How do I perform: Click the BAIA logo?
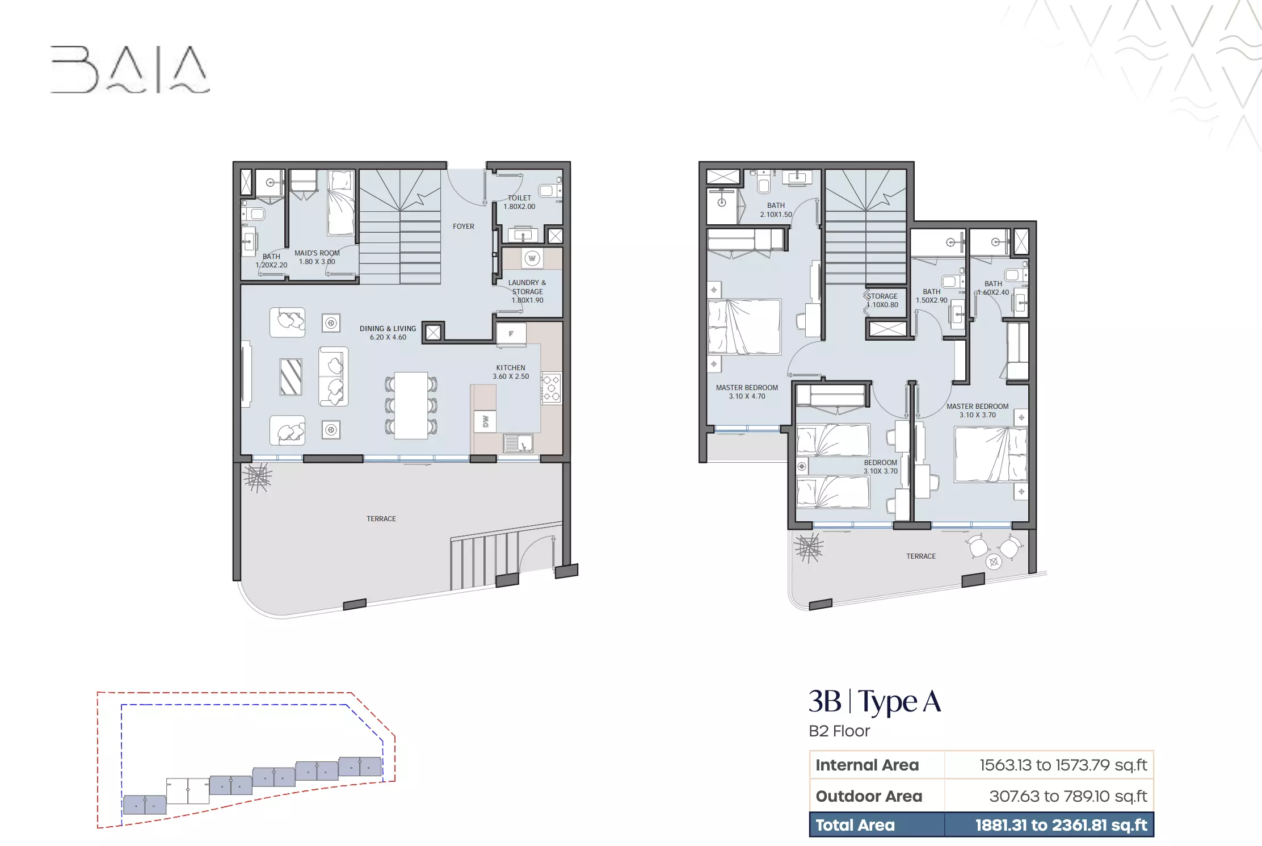click(130, 69)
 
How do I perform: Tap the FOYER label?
click(463, 227)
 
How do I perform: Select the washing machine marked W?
click(532, 259)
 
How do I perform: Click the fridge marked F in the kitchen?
click(511, 334)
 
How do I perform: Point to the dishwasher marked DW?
click(485, 421)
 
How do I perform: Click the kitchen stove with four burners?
click(551, 388)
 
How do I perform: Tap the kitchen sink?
click(518, 443)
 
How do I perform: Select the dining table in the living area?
click(411, 405)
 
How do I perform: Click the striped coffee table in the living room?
click(291, 376)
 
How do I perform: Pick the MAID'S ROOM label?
click(317, 253)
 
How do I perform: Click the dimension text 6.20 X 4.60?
click(388, 337)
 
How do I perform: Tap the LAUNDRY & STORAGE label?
click(527, 287)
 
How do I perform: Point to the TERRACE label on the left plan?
click(381, 519)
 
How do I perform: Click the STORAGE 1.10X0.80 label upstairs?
click(882, 300)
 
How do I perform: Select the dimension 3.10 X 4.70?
click(747, 396)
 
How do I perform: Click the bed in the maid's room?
click(341, 203)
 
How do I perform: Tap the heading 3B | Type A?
click(874, 701)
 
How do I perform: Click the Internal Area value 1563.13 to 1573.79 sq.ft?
click(1063, 765)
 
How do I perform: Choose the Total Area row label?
click(855, 825)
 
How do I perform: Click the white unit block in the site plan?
click(188, 790)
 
